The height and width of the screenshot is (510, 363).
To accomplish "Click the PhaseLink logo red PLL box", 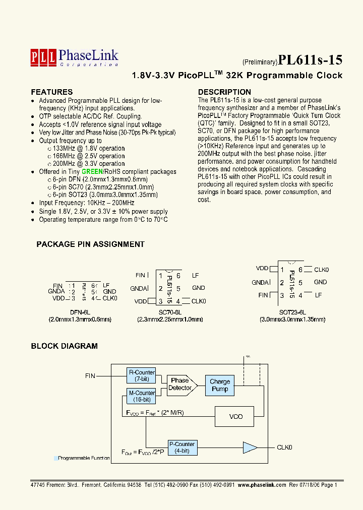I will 43,55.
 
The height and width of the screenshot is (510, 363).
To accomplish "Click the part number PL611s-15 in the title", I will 310,60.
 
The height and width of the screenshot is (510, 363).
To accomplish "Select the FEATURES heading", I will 52,92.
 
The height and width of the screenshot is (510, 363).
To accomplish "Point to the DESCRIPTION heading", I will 224,92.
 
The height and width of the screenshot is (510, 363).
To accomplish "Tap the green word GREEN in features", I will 92,172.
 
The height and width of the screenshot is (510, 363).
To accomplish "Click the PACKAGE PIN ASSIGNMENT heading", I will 90,244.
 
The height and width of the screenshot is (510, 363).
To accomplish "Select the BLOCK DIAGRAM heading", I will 64,346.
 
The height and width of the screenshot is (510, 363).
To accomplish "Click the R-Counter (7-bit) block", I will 142,375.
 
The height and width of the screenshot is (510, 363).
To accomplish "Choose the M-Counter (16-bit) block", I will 142,396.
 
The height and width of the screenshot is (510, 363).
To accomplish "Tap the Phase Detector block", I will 180,384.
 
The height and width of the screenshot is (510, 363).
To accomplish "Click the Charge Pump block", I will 220,385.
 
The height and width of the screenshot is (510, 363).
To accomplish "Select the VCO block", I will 235,416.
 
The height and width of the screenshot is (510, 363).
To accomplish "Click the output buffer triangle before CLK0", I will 250,447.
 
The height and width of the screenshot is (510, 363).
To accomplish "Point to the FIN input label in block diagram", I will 90,376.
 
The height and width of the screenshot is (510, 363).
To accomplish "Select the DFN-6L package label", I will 80,312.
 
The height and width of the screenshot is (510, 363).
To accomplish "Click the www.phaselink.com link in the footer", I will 262,485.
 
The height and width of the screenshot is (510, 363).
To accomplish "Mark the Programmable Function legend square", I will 55,459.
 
